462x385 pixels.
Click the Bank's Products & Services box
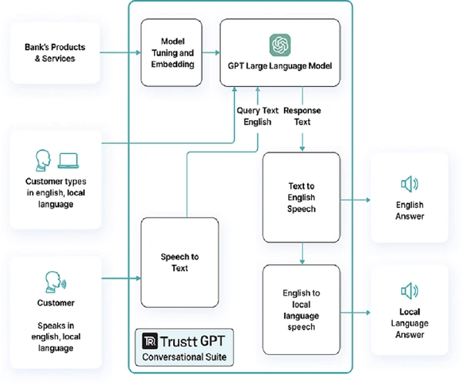pyautogui.click(x=54, y=53)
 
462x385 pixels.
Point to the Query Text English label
pyautogui.click(x=256, y=116)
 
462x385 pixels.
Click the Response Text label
pyautogui.click(x=302, y=116)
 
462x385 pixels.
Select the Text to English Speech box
pyautogui.click(x=301, y=198)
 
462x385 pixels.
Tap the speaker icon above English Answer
pyautogui.click(x=409, y=184)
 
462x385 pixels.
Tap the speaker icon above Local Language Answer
pyautogui.click(x=409, y=290)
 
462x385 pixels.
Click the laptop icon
pyautogui.click(x=69, y=161)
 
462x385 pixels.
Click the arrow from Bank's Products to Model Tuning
pyautogui.click(x=121, y=53)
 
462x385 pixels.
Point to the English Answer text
pyautogui.click(x=409, y=211)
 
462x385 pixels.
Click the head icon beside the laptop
pyautogui.click(x=43, y=161)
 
